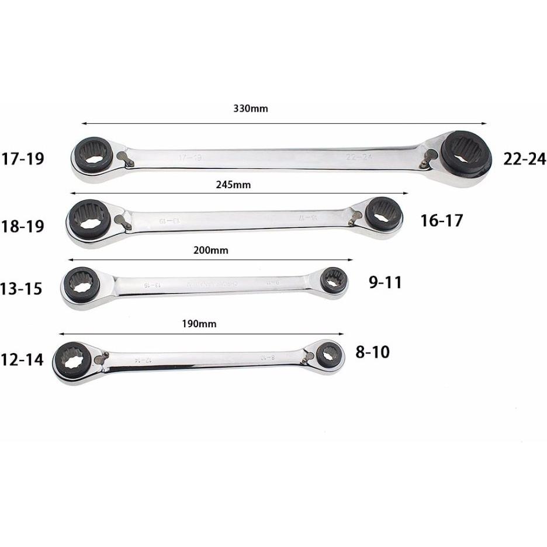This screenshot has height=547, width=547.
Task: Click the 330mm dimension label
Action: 250,109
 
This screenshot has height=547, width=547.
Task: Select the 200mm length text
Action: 210,250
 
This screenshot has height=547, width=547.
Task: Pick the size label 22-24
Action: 524,158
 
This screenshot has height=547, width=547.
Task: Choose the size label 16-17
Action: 441,220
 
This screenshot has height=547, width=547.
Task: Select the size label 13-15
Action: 22,288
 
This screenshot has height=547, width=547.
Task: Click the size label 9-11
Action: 385,283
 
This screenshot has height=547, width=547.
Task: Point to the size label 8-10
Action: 372,352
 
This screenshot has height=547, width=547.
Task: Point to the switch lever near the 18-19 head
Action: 122,220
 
